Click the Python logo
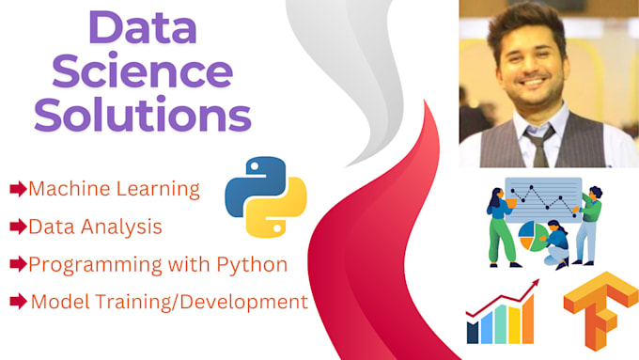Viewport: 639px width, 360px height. tap(265, 196)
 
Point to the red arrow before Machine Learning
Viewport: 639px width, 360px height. tap(17, 189)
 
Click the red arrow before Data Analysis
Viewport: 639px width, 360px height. tap(17, 227)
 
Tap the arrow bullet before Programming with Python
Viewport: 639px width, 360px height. tap(17, 264)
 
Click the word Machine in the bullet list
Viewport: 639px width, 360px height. tap(65, 188)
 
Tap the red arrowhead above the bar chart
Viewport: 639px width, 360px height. tap(536, 282)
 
